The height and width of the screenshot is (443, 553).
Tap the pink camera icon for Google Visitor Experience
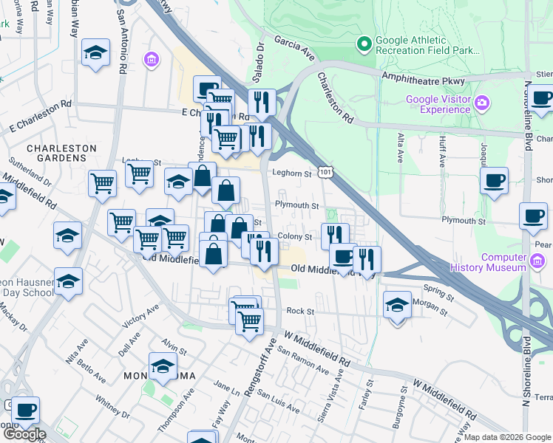point(482,102)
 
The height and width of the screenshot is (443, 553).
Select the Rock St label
point(296,312)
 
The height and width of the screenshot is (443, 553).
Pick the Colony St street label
point(294,237)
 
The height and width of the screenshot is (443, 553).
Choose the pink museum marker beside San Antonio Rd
point(152,59)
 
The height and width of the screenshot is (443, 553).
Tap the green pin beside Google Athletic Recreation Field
point(364,45)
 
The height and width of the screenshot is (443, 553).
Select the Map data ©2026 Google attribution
point(507,437)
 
